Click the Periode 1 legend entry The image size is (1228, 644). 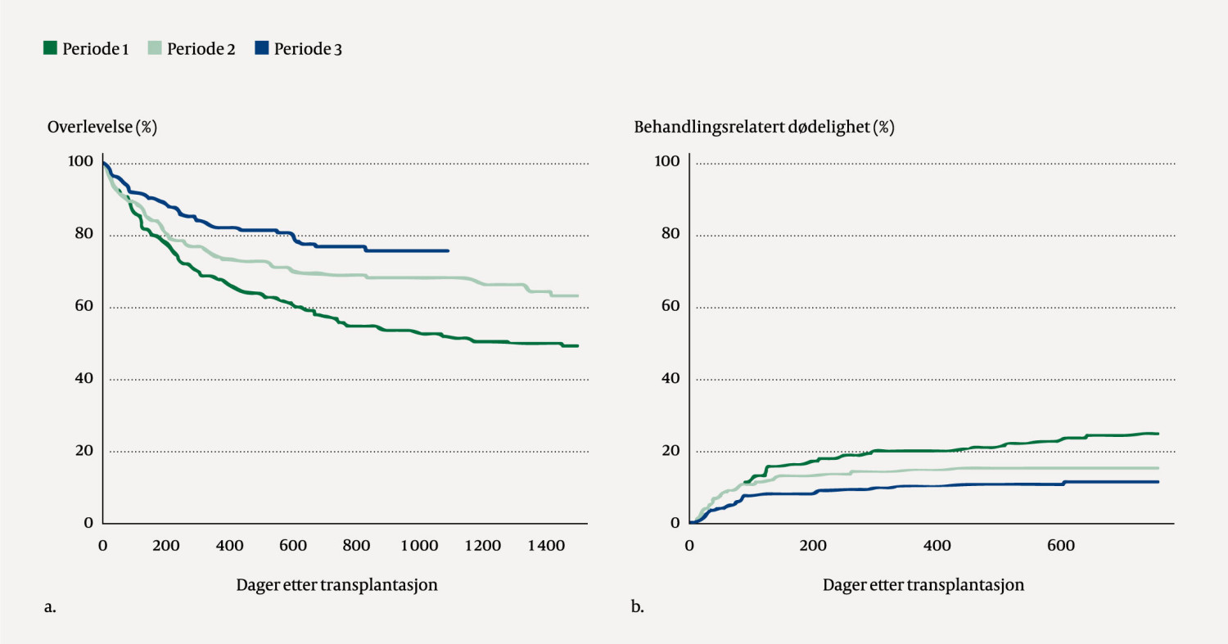tap(86, 49)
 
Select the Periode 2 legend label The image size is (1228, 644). tap(192, 49)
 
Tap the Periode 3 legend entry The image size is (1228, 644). tap(299, 49)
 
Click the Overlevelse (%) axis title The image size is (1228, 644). tap(102, 128)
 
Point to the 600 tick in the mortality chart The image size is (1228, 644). tap(1059, 545)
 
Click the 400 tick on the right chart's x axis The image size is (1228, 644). tap(936, 545)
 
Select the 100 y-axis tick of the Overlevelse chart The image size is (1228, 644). tap(81, 162)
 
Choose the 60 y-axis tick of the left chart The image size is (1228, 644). tap(84, 307)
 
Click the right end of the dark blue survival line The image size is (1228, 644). tap(448, 250)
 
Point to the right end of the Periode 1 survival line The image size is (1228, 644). tap(578, 345)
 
